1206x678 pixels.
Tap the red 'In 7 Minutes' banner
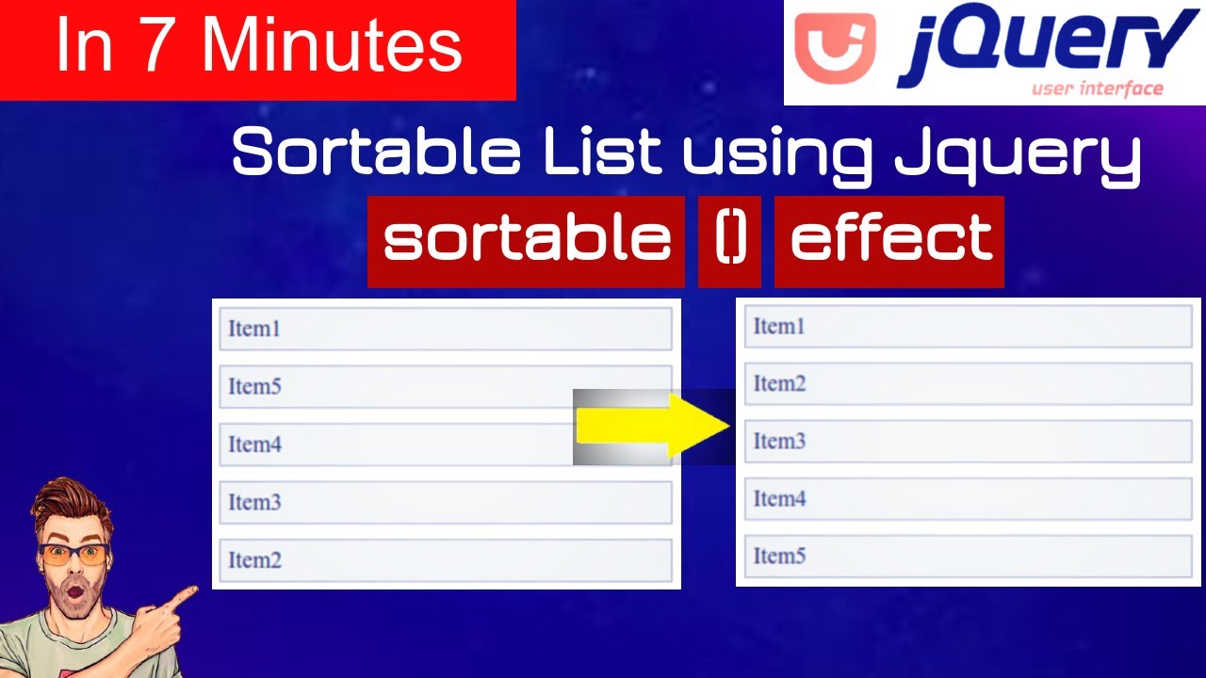pyautogui.click(x=258, y=49)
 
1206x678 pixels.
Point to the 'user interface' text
pyautogui.click(x=1097, y=89)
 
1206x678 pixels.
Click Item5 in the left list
pyautogui.click(x=445, y=386)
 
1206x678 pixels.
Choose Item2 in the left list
pyautogui.click(x=445, y=560)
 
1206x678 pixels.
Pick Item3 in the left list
pyautogui.click(x=445, y=502)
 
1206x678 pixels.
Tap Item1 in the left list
pyautogui.click(x=445, y=329)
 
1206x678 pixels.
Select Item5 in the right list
pyautogui.click(x=968, y=556)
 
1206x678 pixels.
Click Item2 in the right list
pyautogui.click(x=968, y=383)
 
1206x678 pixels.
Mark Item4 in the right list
pyautogui.click(x=968, y=498)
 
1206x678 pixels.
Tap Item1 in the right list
pyautogui.click(x=968, y=326)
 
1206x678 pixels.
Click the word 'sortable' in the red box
pyautogui.click(x=526, y=241)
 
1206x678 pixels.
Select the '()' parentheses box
pyautogui.click(x=730, y=241)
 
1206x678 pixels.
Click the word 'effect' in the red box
pyautogui.click(x=889, y=241)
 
